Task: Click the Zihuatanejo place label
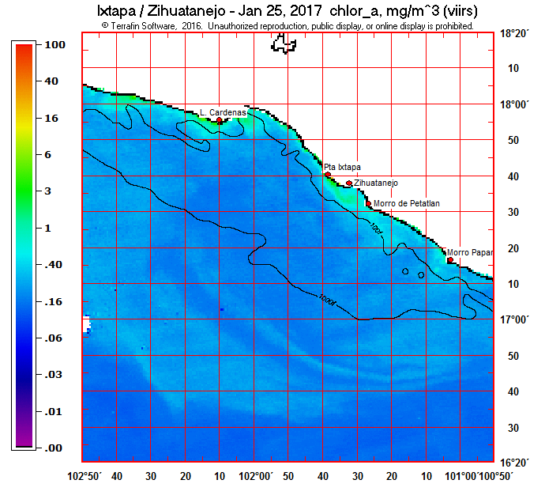pos(377,183)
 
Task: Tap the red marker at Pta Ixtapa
pos(328,175)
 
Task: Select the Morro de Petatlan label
pos(407,203)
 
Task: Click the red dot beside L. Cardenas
pos(220,120)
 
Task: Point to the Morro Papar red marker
pos(450,259)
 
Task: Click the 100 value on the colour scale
pos(33,45)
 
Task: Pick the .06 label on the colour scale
pos(33,338)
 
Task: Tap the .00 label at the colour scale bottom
pos(33,448)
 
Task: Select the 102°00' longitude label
pos(256,476)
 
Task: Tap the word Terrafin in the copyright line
pos(129,25)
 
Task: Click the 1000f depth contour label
pos(328,300)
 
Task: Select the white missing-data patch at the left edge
pos(86,323)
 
